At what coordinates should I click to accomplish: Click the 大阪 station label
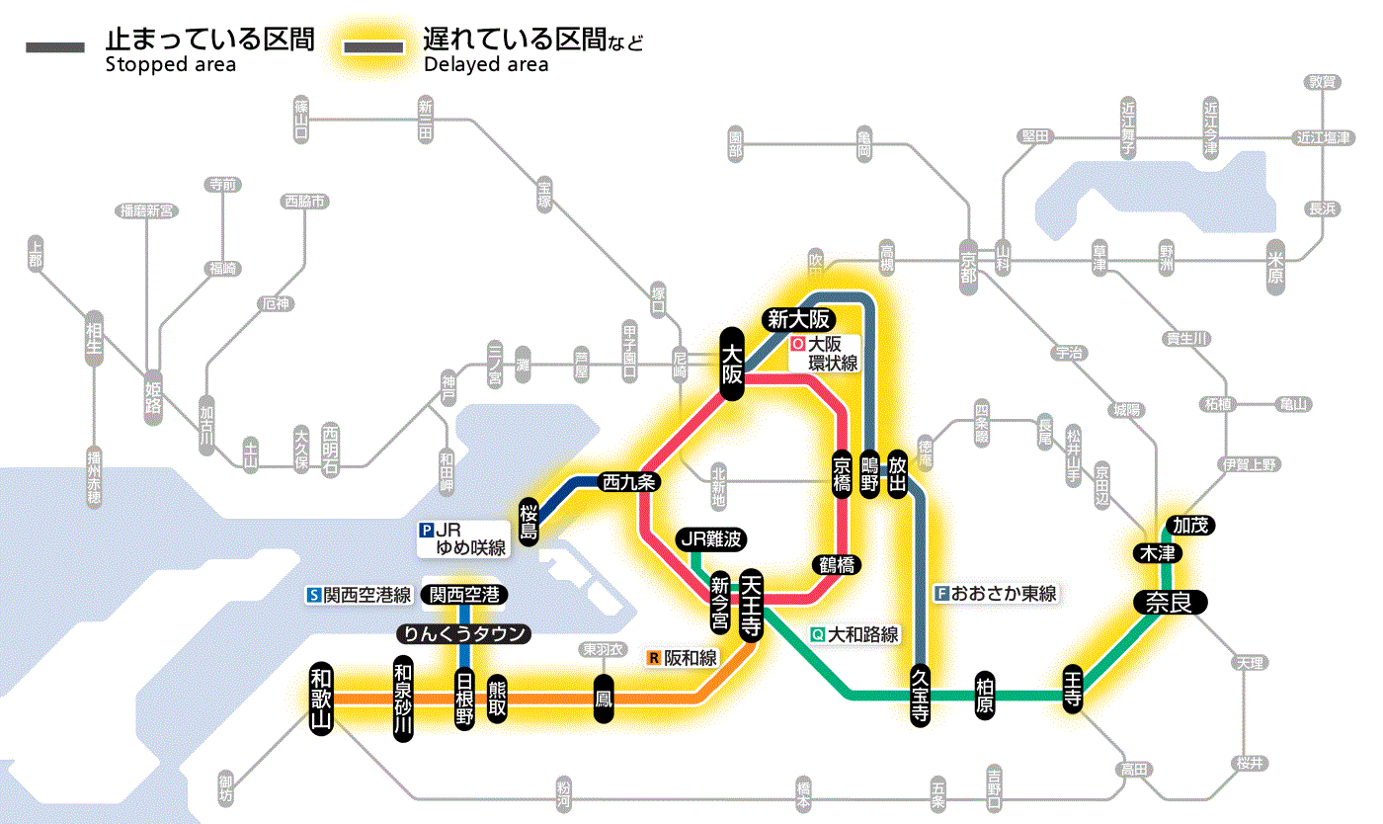(x=731, y=364)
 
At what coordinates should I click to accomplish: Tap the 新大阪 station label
(x=798, y=319)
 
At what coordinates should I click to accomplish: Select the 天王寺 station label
(x=751, y=604)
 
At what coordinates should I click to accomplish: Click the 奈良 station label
(x=1169, y=602)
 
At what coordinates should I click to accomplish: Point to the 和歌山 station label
(x=321, y=698)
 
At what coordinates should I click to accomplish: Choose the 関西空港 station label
(x=463, y=595)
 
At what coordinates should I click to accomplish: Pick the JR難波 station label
(x=711, y=539)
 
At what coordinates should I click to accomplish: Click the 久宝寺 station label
(x=920, y=695)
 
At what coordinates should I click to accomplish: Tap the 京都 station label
(x=968, y=263)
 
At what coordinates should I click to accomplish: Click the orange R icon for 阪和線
(x=653, y=656)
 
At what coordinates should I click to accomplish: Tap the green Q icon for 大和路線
(x=816, y=635)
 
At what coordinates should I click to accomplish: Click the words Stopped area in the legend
(x=170, y=65)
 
